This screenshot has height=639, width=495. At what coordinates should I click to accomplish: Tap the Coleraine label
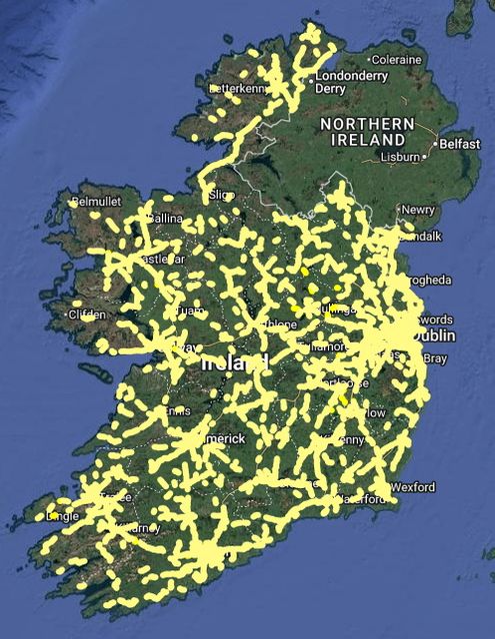(397, 60)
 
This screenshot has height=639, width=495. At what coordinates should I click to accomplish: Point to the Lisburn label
(399, 157)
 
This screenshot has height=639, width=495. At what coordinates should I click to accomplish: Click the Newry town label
(418, 210)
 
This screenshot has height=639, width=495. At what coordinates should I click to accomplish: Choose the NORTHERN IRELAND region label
(366, 131)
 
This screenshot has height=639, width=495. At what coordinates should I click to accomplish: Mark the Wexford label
(412, 487)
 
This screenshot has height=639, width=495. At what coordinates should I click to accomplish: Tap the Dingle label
(62, 516)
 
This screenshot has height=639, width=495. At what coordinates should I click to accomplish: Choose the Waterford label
(360, 497)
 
